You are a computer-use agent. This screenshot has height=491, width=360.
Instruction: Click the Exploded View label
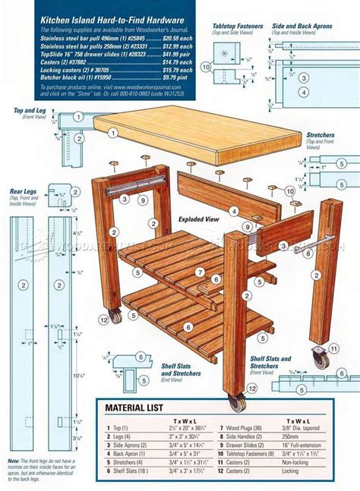coord(198,219)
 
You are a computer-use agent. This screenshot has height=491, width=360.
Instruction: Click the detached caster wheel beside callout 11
coord(320,359)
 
